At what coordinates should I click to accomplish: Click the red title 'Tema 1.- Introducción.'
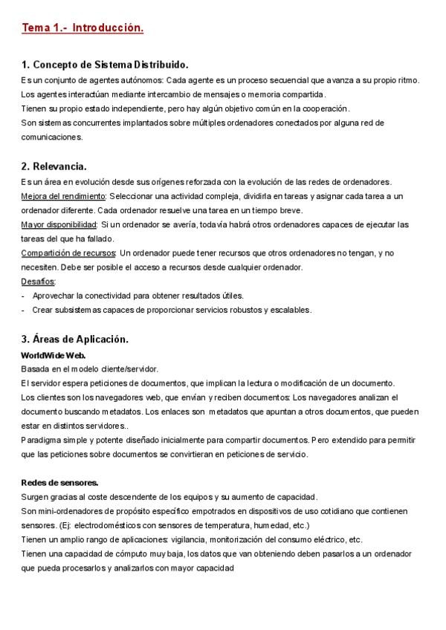pyautogui.click(x=82, y=28)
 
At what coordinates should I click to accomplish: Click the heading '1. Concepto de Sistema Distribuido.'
pyautogui.click(x=105, y=65)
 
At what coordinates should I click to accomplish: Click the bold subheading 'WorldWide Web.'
pyautogui.click(x=54, y=355)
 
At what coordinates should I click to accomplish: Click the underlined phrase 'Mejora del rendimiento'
pyautogui.click(x=64, y=196)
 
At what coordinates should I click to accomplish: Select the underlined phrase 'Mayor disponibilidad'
pyautogui.click(x=59, y=224)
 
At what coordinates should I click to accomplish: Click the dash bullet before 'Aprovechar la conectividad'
pyautogui.click(x=24, y=296)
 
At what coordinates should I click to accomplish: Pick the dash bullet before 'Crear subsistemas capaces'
pyautogui.click(x=24, y=310)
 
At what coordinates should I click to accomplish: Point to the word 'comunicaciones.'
pyautogui.click(x=51, y=137)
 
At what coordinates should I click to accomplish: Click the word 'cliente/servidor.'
pyautogui.click(x=130, y=368)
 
